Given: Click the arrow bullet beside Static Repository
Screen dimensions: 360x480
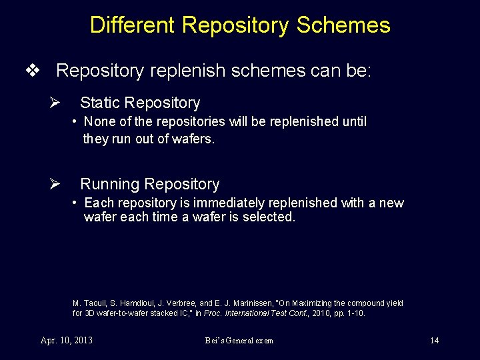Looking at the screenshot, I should (x=56, y=103).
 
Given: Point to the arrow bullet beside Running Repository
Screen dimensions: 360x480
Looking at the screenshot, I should (x=56, y=185).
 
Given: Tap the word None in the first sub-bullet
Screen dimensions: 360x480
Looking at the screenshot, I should (x=97, y=122).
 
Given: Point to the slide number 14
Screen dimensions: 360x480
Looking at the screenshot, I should (x=434, y=341).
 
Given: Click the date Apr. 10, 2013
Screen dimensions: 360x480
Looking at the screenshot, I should (x=67, y=341).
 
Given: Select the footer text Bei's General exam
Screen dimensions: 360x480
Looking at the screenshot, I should (x=239, y=341).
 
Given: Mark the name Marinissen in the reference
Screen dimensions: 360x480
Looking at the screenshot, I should (x=241, y=303).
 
